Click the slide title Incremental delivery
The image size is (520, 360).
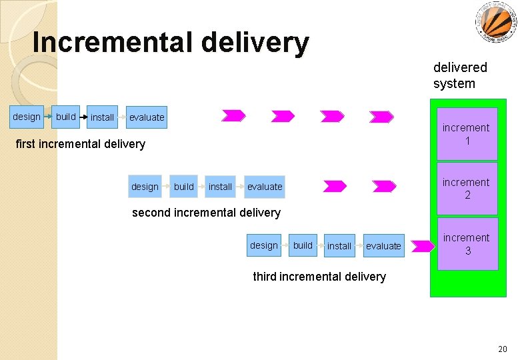pyautogui.click(x=171, y=43)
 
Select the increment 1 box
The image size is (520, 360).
pyautogui.click(x=467, y=134)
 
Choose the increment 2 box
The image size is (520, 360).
pyautogui.click(x=467, y=189)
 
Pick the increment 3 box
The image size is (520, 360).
pyautogui.click(x=467, y=244)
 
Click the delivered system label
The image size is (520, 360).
pyautogui.click(x=460, y=75)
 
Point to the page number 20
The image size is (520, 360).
pyautogui.click(x=502, y=349)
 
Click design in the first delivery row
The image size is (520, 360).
pyautogui.click(x=27, y=117)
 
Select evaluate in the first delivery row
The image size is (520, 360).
pyautogui.click(x=147, y=117)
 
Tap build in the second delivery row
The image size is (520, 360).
pyautogui.click(x=184, y=187)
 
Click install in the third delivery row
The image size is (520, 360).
pyautogui.click(x=339, y=246)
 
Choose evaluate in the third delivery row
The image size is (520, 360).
pyautogui.click(x=384, y=246)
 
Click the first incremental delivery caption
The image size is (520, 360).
pyautogui.click(x=80, y=144)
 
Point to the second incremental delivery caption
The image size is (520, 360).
pyautogui.click(x=206, y=213)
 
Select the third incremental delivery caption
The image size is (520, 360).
pyautogui.click(x=319, y=277)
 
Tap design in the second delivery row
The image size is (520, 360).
pyautogui.click(x=145, y=187)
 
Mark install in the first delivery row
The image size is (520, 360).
pyautogui.click(x=102, y=117)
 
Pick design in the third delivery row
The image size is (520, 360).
pyautogui.click(x=264, y=245)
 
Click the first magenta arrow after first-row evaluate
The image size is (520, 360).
pyautogui.click(x=233, y=116)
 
